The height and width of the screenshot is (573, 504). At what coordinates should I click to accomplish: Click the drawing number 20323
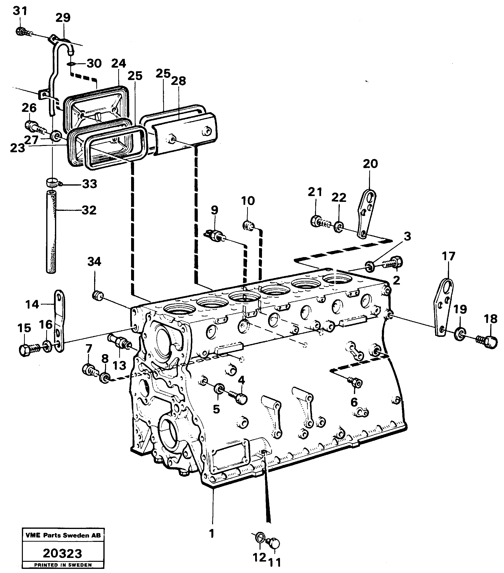[62, 553]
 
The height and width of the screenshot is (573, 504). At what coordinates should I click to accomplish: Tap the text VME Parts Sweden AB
[63, 535]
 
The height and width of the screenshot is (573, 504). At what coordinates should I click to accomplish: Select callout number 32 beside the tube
[89, 210]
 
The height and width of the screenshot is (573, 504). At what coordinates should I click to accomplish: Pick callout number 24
[118, 64]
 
